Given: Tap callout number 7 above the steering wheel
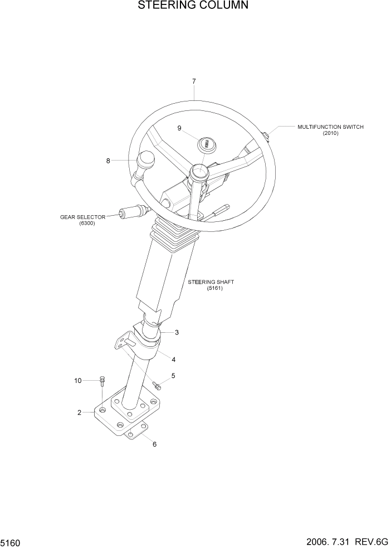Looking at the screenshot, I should pos(194,81).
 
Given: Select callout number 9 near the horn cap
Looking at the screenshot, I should pos(179,128).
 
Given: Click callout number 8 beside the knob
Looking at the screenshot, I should pos(108,161).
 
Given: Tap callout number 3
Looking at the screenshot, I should pos(177,333).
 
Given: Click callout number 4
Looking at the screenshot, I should pos(174,360).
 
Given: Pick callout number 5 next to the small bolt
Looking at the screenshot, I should pos(173,376).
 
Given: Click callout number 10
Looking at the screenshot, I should pos(78,381).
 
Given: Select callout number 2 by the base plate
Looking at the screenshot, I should pos(79,413).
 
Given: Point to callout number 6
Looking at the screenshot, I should pos(154,444).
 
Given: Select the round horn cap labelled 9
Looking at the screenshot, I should pos(206,143).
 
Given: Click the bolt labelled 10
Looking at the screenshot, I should pos(102,381).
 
